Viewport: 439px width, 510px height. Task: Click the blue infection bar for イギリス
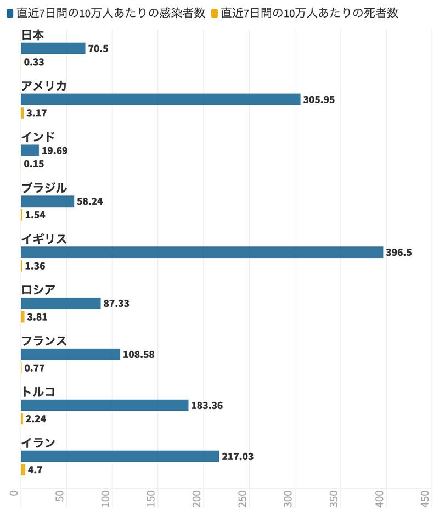pyautogui.click(x=202, y=253)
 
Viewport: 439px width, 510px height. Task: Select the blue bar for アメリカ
pyautogui.click(x=161, y=99)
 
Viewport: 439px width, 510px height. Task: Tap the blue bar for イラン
pyautogui.click(x=120, y=456)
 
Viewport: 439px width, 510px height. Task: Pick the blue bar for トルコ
pyautogui.click(x=105, y=405)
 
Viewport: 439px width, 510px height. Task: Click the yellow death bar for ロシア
pyautogui.click(x=22, y=317)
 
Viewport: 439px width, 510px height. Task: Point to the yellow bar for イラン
pyautogui.click(x=23, y=470)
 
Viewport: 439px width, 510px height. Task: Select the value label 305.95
pyautogui.click(x=319, y=99)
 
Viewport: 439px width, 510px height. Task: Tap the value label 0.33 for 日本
pyautogui.click(x=34, y=62)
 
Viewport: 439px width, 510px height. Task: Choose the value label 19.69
pyautogui.click(x=54, y=150)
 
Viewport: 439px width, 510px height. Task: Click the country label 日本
pyautogui.click(x=33, y=35)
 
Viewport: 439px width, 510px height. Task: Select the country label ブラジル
pyautogui.click(x=44, y=188)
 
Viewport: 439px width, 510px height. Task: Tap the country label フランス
pyautogui.click(x=44, y=341)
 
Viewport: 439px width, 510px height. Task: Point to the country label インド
pyautogui.click(x=38, y=137)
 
